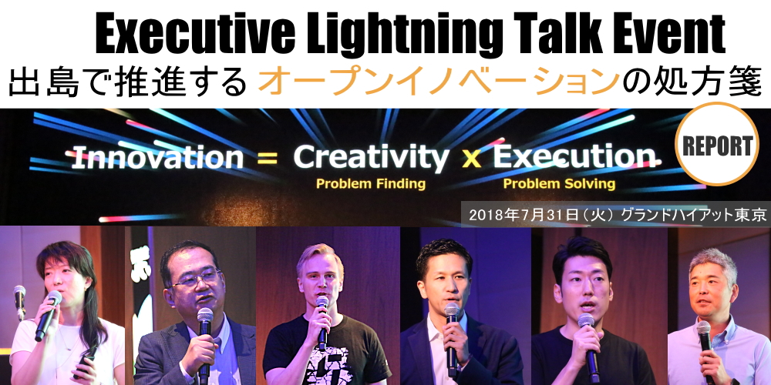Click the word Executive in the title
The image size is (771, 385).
coord(195,35)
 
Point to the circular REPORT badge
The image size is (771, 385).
coord(717,145)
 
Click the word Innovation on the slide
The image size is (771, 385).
coord(157,157)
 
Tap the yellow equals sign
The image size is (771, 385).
coord(268,158)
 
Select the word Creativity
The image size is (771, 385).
coord(371,158)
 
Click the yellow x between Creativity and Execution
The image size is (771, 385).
coord(471,159)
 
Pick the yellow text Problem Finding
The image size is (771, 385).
coord(371,184)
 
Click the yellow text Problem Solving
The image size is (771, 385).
coord(559,184)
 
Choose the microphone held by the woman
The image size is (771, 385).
coord(48,315)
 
